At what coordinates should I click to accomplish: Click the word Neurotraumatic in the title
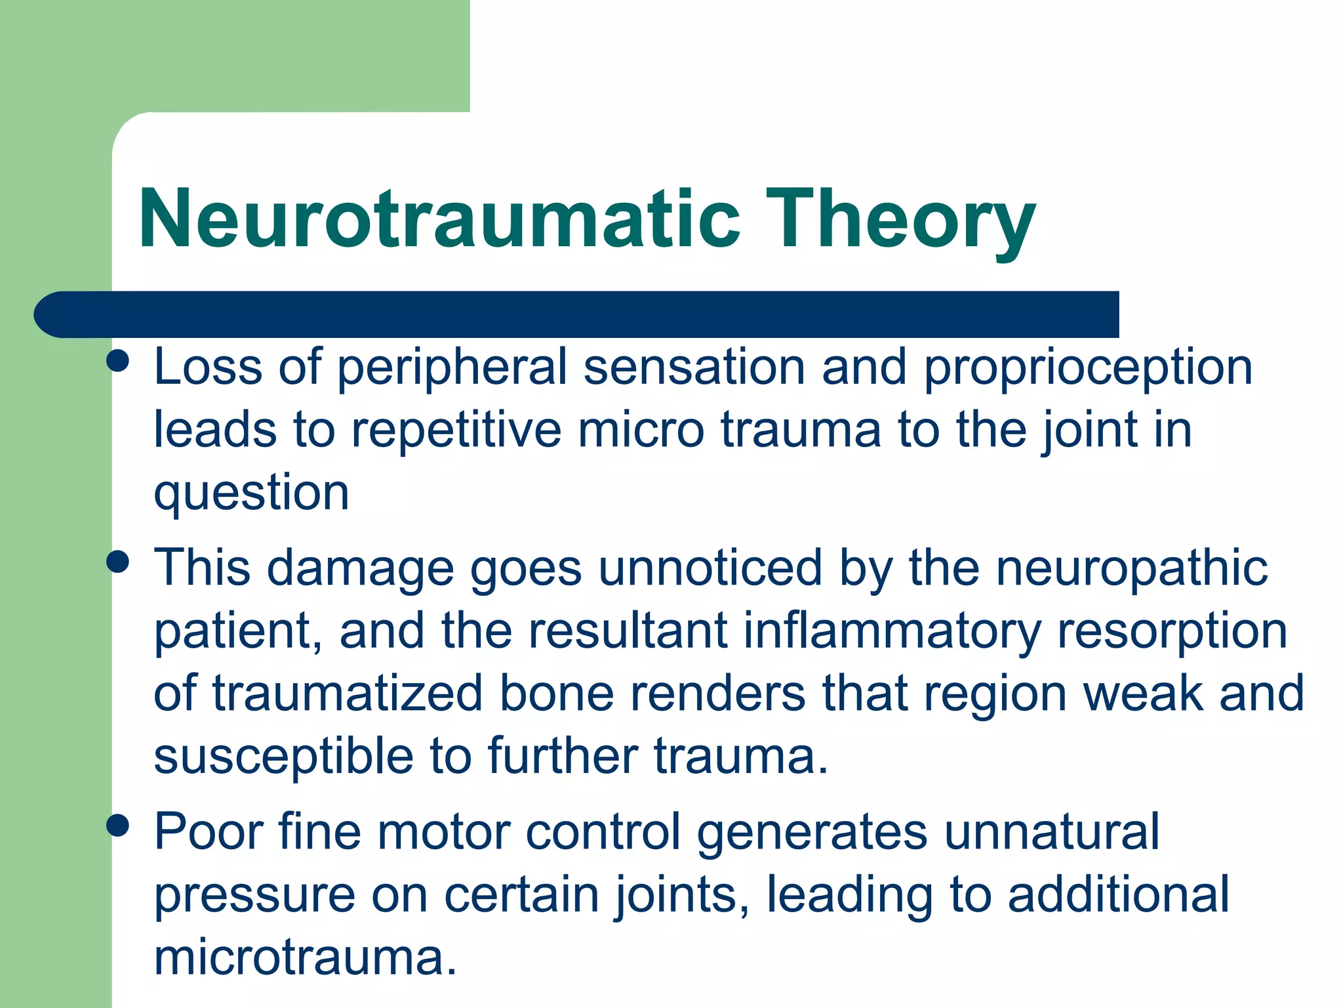(439, 220)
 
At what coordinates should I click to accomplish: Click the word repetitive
(456, 430)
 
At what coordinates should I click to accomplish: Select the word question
(251, 493)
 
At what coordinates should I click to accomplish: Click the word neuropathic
(1132, 568)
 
